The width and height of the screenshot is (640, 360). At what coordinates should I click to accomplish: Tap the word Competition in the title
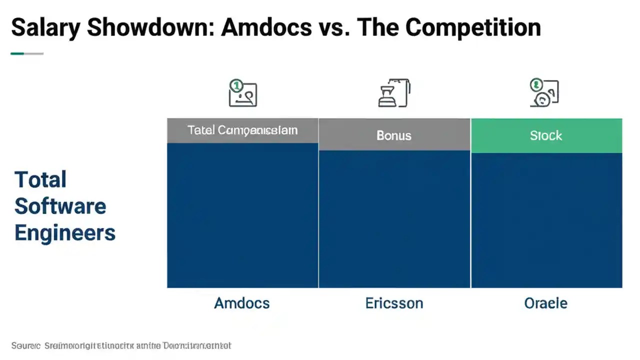coord(473,28)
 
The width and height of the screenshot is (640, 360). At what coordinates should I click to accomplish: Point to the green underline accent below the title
coord(17,53)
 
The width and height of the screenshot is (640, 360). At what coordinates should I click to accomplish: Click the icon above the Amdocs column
coord(242,93)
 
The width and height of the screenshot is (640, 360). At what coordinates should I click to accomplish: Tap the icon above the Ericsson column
coord(394,93)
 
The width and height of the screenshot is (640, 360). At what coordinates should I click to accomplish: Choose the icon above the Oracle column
coord(544,93)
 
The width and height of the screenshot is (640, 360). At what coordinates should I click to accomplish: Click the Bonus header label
coord(394,135)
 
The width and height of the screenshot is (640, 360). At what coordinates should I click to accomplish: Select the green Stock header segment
coord(546,135)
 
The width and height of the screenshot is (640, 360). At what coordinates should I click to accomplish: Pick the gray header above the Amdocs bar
coord(242,130)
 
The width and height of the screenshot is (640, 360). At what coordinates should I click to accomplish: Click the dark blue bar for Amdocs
coord(242,215)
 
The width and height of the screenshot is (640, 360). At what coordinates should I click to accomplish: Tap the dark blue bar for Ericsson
coord(394,219)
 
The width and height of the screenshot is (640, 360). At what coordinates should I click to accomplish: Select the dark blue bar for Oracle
coord(546,220)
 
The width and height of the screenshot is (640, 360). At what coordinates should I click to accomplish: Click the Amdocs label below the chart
coord(242,303)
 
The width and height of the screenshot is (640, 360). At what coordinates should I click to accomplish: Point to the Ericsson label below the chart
coord(394,303)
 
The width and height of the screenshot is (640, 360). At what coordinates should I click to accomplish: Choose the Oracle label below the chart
coord(546,303)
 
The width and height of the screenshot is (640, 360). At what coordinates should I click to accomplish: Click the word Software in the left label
coord(60,206)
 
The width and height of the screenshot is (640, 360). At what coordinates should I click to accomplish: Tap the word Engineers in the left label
coord(65,233)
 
